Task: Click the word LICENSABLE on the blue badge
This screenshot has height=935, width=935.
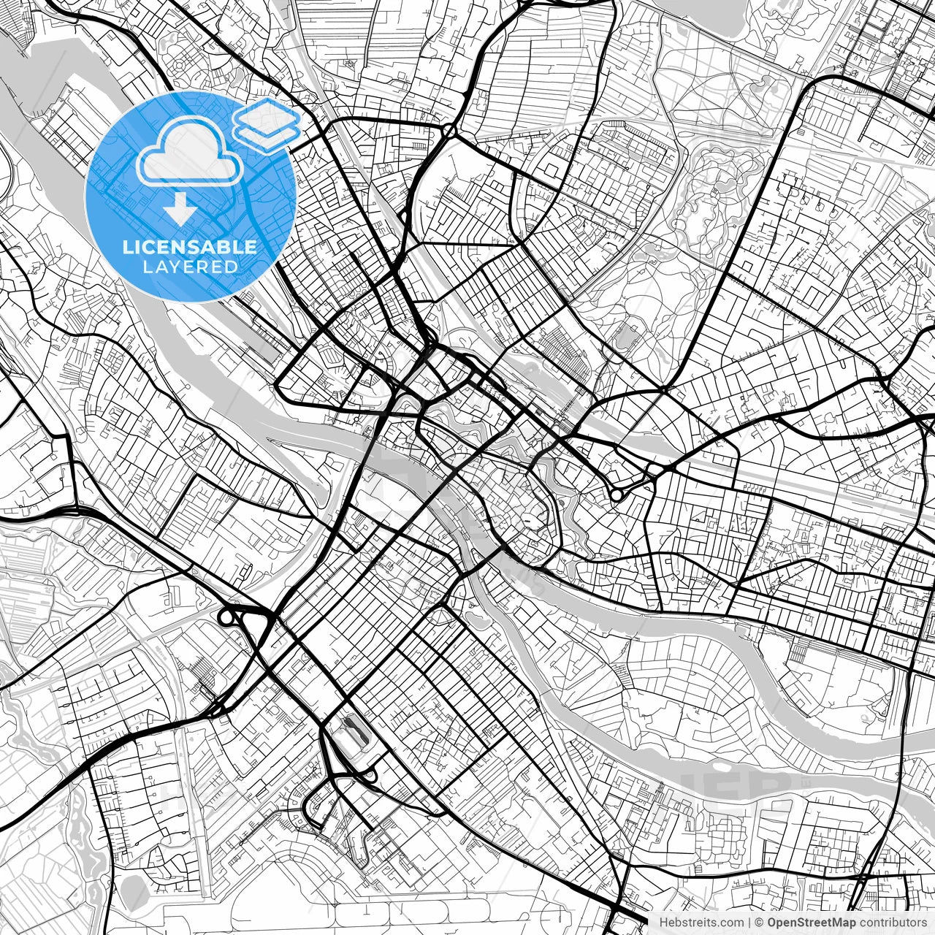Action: [x=190, y=247]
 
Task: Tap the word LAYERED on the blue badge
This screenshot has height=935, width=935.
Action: [x=190, y=267]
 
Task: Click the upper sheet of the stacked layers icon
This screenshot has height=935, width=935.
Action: [x=267, y=114]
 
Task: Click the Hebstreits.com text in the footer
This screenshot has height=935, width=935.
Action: [x=701, y=922]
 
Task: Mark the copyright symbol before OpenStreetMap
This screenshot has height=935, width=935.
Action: [x=760, y=922]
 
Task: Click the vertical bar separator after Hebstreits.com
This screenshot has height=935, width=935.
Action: [x=749, y=922]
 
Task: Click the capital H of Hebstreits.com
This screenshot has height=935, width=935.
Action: [x=663, y=922]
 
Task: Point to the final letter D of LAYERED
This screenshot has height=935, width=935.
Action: [x=231, y=267]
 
